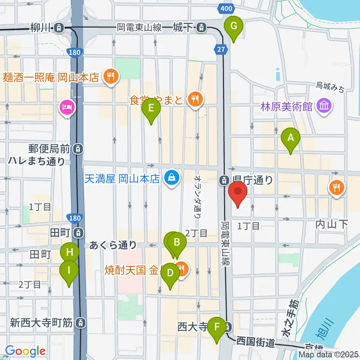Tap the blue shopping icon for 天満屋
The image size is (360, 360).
point(171,177)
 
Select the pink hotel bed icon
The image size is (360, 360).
point(67,108)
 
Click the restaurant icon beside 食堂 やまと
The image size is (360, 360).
point(194,99)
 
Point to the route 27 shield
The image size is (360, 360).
point(221,49)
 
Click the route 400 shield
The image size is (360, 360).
point(226,8)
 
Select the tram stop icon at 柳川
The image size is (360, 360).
point(58,27)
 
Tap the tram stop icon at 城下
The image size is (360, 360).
point(202,27)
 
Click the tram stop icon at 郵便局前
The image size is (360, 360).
point(78,149)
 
